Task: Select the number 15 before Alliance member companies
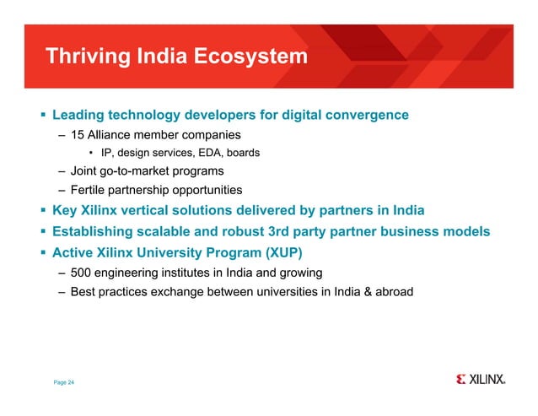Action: point(77,135)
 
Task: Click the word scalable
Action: point(175,231)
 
